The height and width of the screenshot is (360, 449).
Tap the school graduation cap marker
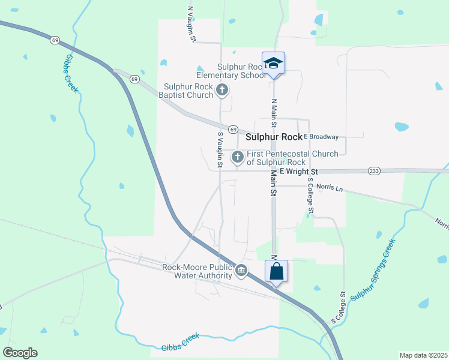273,63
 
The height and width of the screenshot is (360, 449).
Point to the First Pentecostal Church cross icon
237,157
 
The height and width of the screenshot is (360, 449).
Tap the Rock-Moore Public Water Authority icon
241,271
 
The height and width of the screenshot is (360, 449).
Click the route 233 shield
374,171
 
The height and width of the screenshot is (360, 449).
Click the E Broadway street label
321,137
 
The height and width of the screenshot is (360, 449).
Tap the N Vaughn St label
191,24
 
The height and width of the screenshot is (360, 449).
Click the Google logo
20,353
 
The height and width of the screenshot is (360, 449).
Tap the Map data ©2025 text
423,355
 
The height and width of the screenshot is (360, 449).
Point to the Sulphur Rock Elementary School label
231,71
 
